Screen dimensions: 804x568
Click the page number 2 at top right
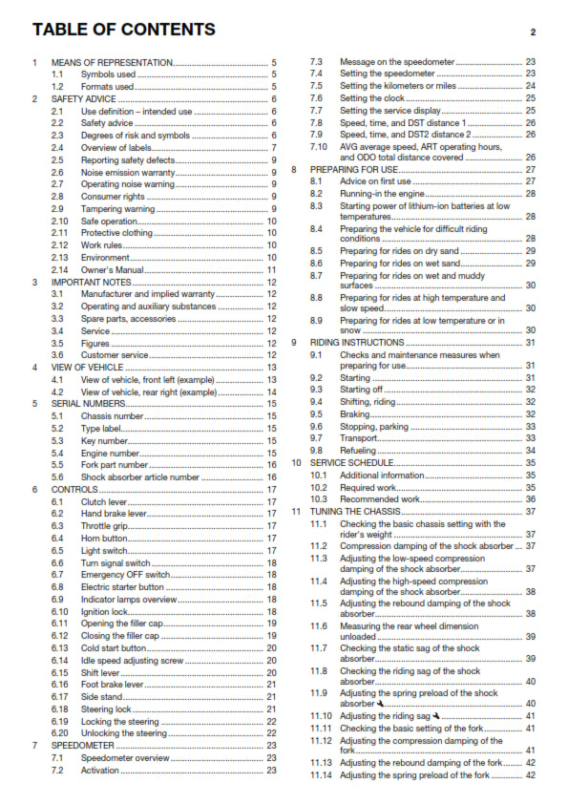point(533,32)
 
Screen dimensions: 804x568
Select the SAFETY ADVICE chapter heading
point(84,98)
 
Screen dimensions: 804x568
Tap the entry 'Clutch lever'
point(106,500)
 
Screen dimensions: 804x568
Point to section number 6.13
point(59,648)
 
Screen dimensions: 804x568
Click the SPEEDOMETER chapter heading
point(86,745)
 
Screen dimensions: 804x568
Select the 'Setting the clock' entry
point(371,98)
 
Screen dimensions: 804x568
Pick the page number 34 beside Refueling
point(530,450)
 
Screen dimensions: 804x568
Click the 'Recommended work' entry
point(380,498)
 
